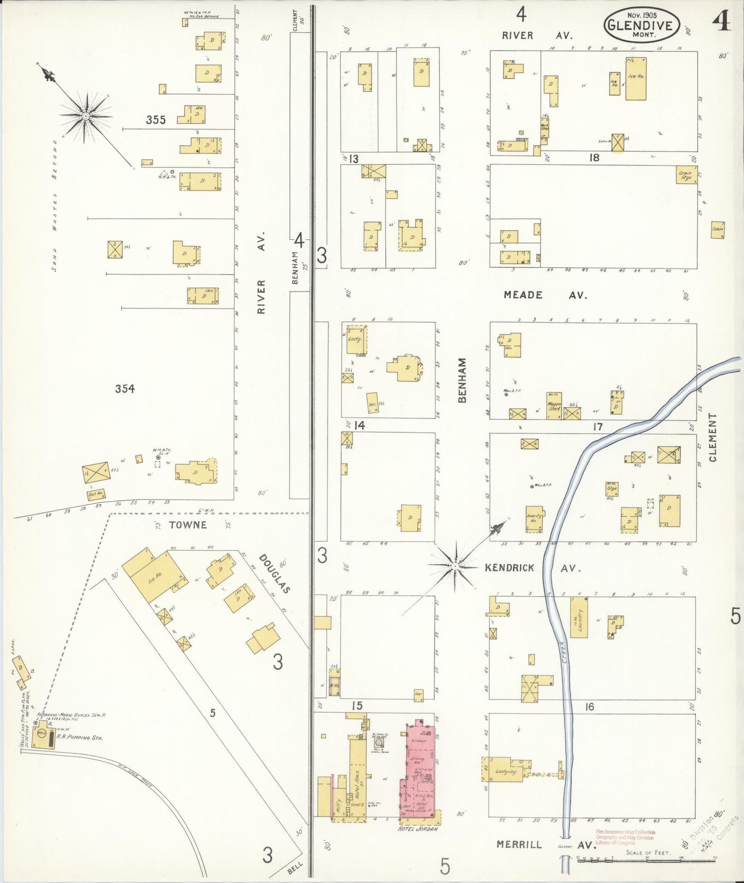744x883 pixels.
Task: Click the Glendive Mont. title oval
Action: pos(642,25)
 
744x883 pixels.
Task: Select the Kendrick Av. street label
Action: pos(532,568)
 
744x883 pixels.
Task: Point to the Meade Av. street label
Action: pos(545,295)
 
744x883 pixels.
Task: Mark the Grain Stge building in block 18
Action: pos(686,175)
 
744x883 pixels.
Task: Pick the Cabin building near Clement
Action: pos(718,229)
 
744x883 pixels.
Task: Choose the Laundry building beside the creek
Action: pos(580,617)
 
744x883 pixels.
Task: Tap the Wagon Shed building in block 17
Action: pos(554,406)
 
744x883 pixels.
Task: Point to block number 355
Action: pos(155,120)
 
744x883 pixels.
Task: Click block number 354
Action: pos(125,389)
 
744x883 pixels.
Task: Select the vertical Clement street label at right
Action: pos(713,437)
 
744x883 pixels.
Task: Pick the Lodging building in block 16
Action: pos(505,771)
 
